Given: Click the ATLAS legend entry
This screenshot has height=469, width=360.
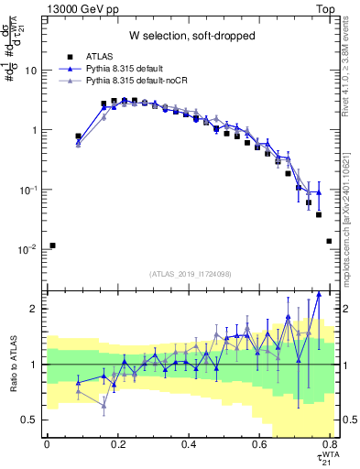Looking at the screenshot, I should pyautogui.click(x=100, y=57).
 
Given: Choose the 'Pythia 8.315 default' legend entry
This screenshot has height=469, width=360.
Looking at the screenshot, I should pyautogui.click(x=133, y=70).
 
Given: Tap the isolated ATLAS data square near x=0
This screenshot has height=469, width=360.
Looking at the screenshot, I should pyautogui.click(x=53, y=245).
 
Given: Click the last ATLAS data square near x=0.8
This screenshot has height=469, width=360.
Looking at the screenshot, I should pyautogui.click(x=329, y=241).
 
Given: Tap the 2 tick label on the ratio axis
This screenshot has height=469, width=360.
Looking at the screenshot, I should pyautogui.click(x=35, y=310).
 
